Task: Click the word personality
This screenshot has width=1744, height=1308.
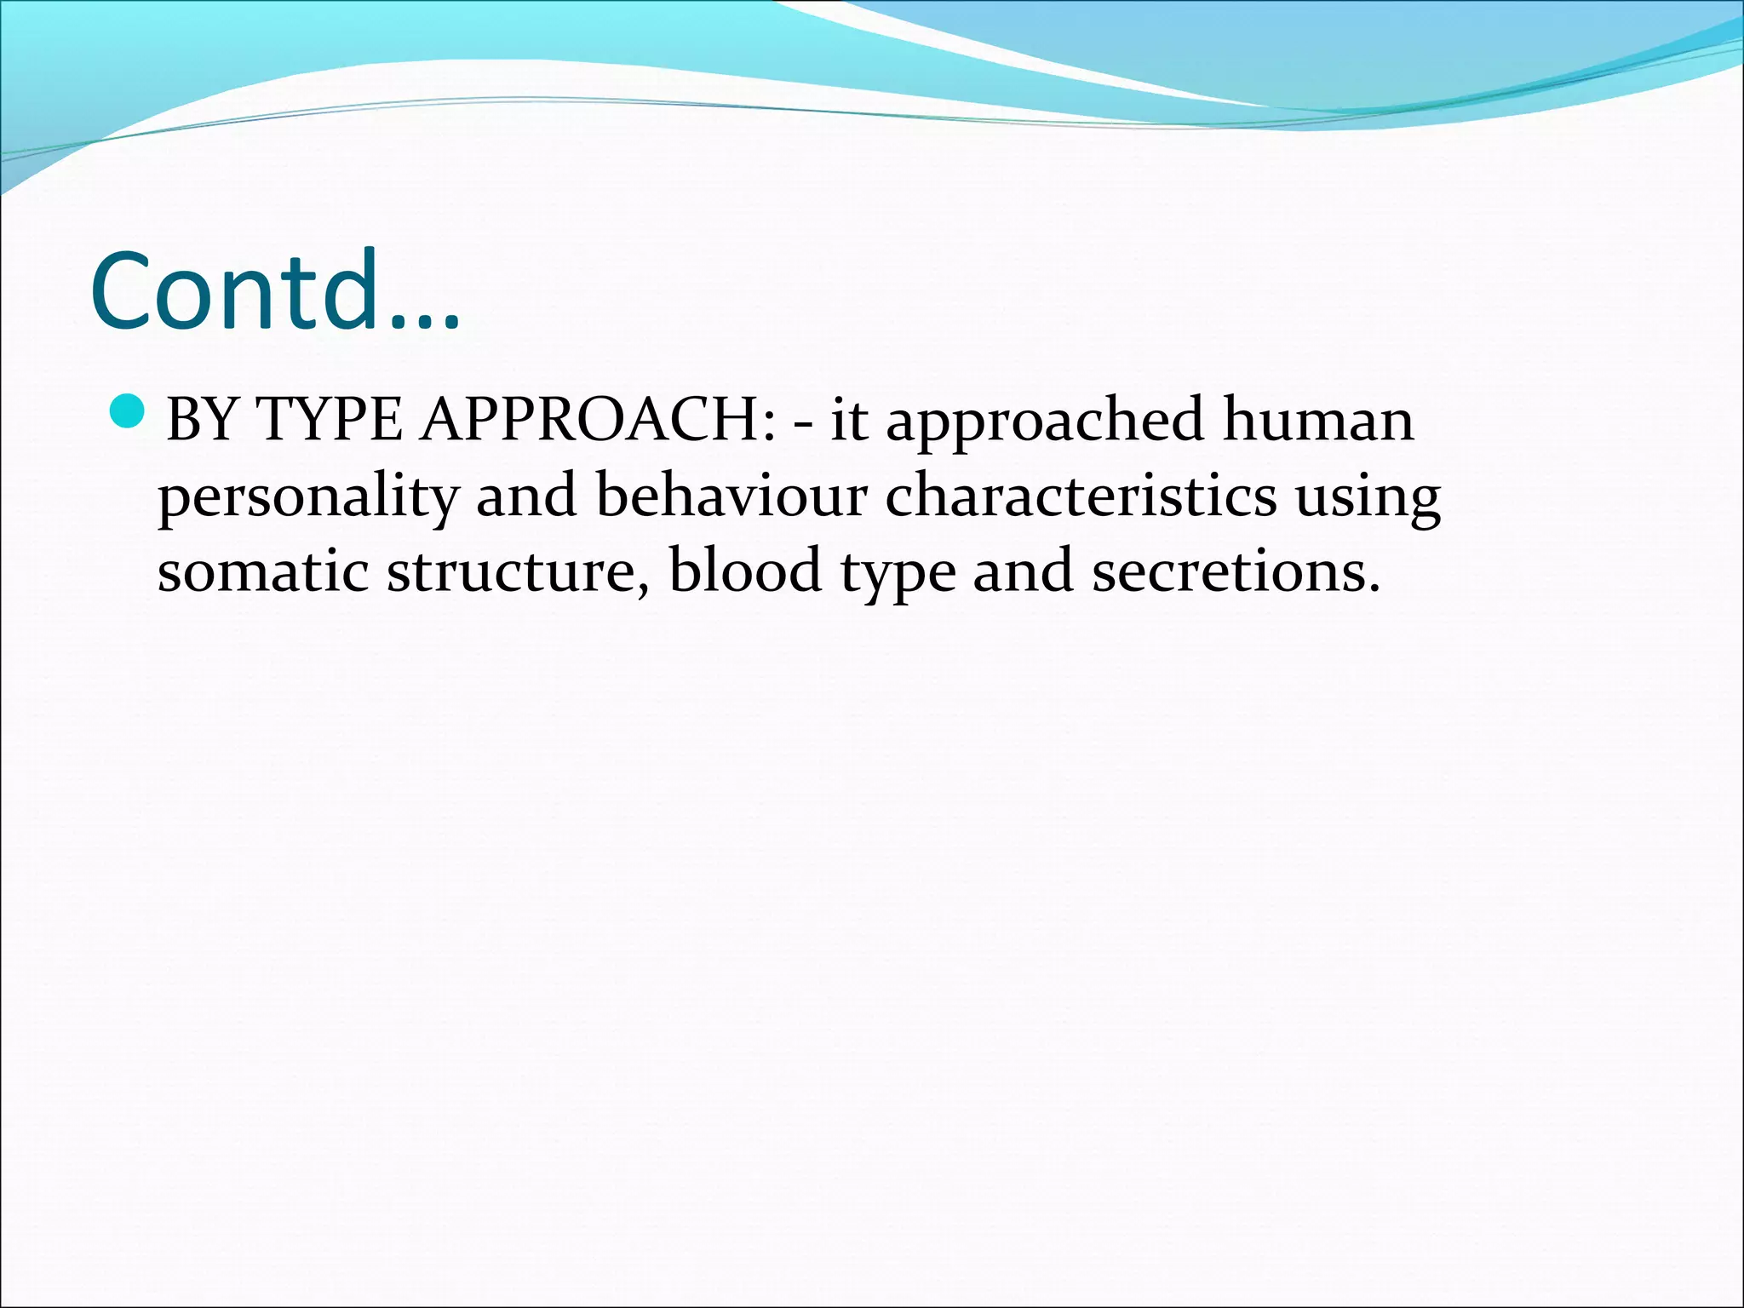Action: pos(307,497)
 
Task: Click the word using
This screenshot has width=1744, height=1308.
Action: pos(1368,497)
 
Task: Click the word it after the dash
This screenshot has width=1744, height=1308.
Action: pos(848,420)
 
